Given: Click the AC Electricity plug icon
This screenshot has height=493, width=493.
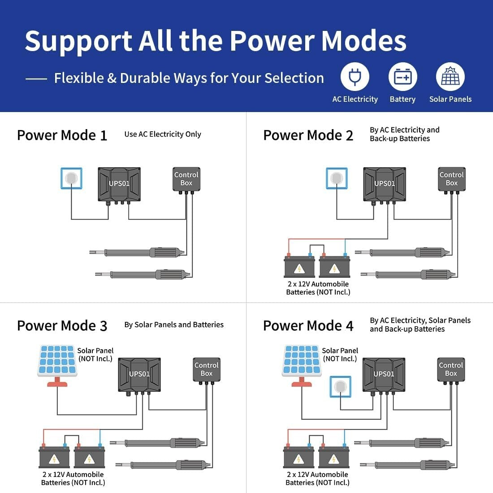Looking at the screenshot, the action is pos(355,77).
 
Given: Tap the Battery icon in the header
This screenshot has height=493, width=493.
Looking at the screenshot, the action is pos(403,77).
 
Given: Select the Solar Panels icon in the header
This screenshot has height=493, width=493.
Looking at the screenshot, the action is pos(450,77).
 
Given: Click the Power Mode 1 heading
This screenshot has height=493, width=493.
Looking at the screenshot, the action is pos(62,135).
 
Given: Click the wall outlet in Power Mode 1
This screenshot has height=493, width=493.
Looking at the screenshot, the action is pos(71,178).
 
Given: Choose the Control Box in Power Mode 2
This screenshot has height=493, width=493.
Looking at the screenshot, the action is pos(451,180).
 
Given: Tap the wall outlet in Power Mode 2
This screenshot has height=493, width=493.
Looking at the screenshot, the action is pos(337,178).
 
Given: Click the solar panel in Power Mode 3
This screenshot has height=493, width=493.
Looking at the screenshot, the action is pos(57,365).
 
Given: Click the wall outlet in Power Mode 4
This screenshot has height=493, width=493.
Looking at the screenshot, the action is pos(341,387).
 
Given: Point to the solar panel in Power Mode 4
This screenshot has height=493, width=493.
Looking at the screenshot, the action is pos(302,365).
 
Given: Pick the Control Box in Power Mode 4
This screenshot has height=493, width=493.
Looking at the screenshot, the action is pos(451,370).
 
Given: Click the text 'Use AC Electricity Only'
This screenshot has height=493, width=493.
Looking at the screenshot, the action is pos(163,134).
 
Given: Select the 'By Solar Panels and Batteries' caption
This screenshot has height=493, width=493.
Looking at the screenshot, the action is pos(174,325).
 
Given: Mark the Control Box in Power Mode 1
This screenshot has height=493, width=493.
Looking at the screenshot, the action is pos(186,180).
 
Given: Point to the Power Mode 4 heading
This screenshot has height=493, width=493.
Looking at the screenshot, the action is pos(308,326).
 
